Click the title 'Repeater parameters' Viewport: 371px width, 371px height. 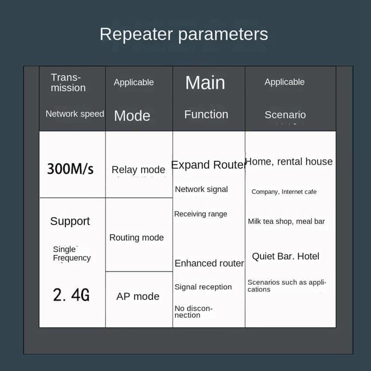(x=184, y=34)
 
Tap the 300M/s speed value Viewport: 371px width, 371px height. (x=70, y=169)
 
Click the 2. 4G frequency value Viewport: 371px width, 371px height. (x=71, y=295)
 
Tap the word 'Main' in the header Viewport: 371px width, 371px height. (x=205, y=83)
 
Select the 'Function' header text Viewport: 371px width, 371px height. (x=206, y=115)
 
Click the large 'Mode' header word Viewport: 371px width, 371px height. (x=132, y=115)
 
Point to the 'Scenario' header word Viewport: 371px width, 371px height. (x=285, y=115)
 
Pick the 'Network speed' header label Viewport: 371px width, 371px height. (x=75, y=114)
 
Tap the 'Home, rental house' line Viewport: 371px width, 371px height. (x=289, y=161)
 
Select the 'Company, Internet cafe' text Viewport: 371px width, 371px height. (x=284, y=192)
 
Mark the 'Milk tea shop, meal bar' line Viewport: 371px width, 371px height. (x=286, y=222)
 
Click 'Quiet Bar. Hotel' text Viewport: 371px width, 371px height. (x=286, y=256)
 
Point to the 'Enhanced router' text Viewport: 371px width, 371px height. (x=209, y=263)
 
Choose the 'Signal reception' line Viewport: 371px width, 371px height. (x=203, y=287)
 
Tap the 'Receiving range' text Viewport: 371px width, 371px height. (x=201, y=214)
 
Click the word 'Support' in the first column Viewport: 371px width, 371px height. (x=70, y=222)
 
